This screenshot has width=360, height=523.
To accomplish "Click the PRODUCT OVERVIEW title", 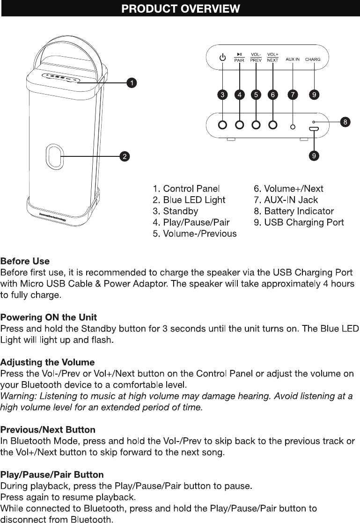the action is (180, 9).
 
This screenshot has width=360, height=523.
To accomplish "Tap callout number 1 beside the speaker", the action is (132, 83).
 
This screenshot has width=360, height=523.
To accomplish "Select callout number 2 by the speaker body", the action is (124, 156).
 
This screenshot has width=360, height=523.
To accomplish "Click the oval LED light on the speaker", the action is (55, 156).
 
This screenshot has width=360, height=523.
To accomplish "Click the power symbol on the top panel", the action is (222, 58).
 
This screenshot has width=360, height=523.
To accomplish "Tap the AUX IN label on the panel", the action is (293, 59).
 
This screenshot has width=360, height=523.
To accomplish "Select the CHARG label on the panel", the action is (313, 59).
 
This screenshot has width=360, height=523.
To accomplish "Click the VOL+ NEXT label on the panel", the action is (272, 58).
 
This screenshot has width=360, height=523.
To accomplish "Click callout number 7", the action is (293, 95).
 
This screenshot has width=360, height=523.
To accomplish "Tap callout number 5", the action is (256, 95).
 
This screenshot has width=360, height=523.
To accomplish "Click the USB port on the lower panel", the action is (313, 129).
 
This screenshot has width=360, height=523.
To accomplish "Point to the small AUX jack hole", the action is (293, 127).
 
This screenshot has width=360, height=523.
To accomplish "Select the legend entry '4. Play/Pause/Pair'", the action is (191, 222).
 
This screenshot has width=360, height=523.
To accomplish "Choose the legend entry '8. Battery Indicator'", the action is (294, 211).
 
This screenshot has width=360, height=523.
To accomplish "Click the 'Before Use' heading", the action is (25, 261).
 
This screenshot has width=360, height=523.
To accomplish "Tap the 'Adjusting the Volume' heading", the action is (47, 362).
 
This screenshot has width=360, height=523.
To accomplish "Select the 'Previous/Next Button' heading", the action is (48, 430).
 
